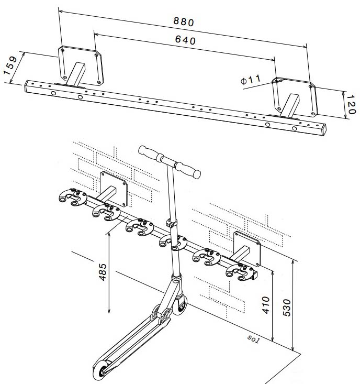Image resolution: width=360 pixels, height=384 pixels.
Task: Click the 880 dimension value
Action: (x=183, y=22)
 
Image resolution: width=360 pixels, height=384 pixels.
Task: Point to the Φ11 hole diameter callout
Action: (x=250, y=80)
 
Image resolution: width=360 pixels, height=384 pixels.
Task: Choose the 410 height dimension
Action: (x=266, y=306)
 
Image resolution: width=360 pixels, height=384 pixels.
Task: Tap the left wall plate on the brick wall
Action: (x=114, y=189)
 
